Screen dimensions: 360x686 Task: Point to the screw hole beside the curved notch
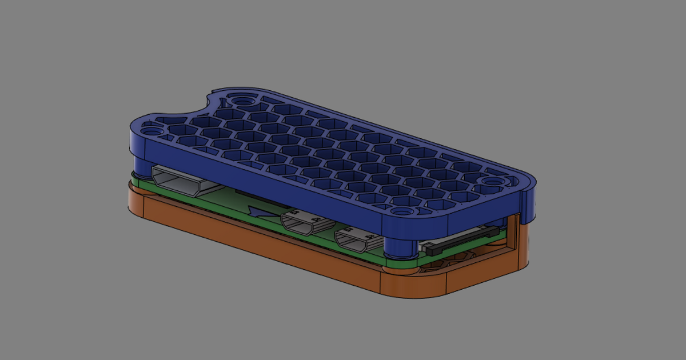pos(243,101)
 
